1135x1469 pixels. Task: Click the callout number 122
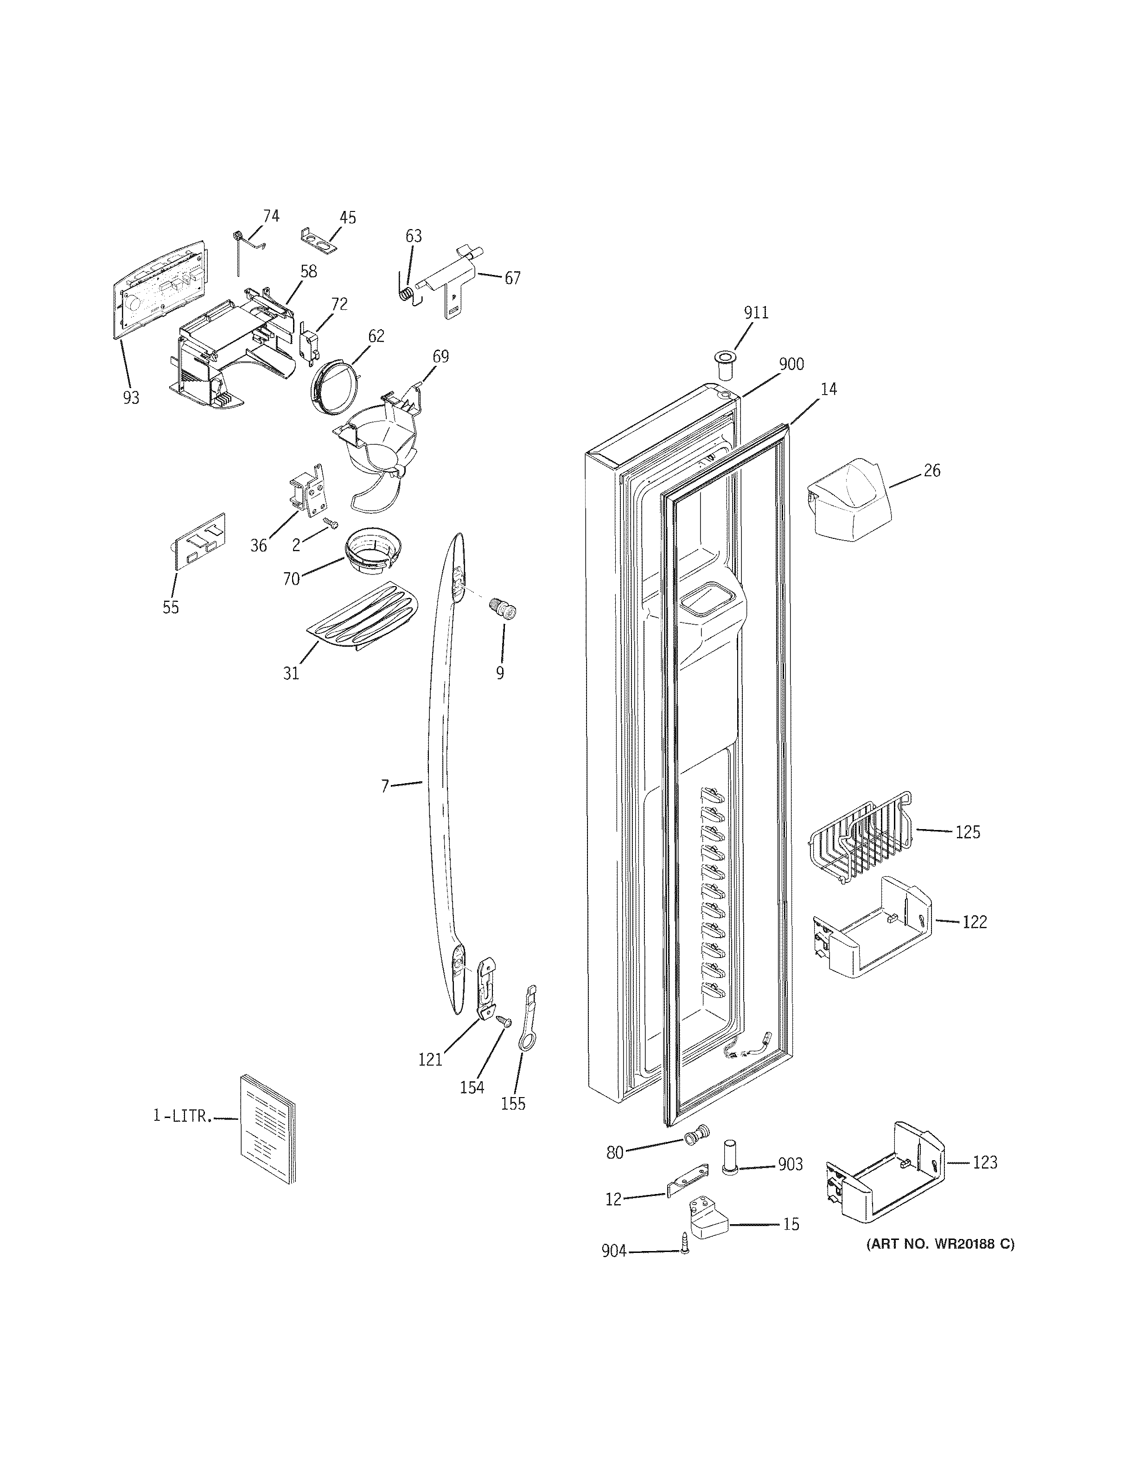pyautogui.click(x=974, y=922)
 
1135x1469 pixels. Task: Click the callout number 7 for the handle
pyautogui.click(x=385, y=786)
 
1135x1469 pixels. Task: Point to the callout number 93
pyautogui.click(x=131, y=398)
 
